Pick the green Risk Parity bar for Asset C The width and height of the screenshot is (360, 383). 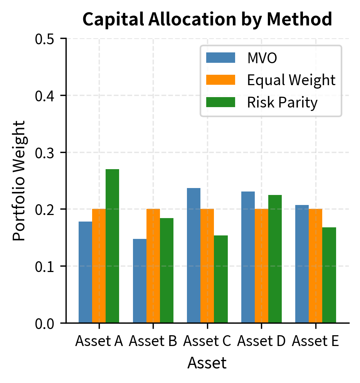coord(221,279)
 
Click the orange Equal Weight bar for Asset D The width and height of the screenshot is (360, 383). coord(261,266)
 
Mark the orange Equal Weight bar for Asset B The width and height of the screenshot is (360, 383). coord(153,266)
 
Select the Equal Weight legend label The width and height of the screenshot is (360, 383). coord(291,80)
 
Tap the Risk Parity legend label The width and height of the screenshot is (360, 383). coord(282,102)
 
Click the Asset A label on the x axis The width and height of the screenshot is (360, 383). coord(99,341)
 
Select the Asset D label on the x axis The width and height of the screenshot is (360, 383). coord(261,341)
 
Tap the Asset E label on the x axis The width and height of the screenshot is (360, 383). coord(315,341)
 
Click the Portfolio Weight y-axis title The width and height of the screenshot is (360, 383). coord(19,181)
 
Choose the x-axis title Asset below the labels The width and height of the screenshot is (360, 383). coord(207,363)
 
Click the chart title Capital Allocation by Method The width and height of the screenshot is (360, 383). coord(207,20)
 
